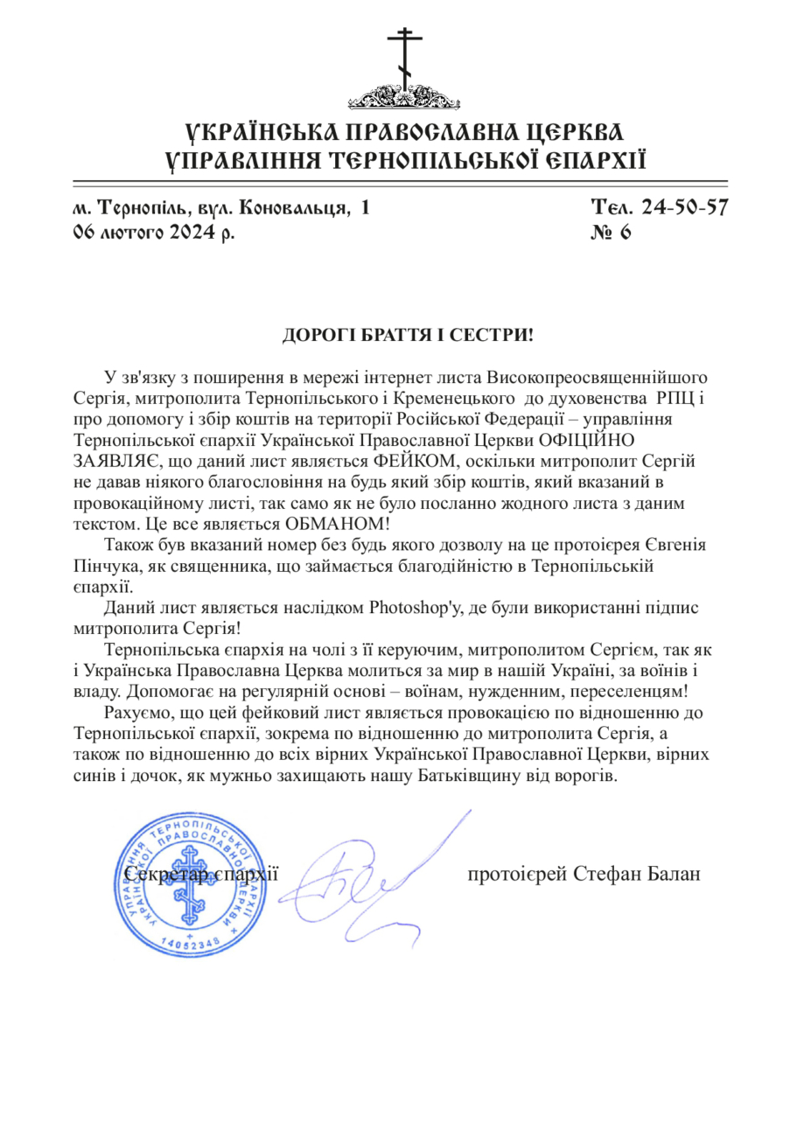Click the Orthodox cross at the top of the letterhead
[x=403, y=57]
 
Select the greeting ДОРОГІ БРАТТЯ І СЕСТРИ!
[x=406, y=334]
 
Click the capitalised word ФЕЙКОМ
[x=414, y=460]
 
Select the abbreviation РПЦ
[x=673, y=398]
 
